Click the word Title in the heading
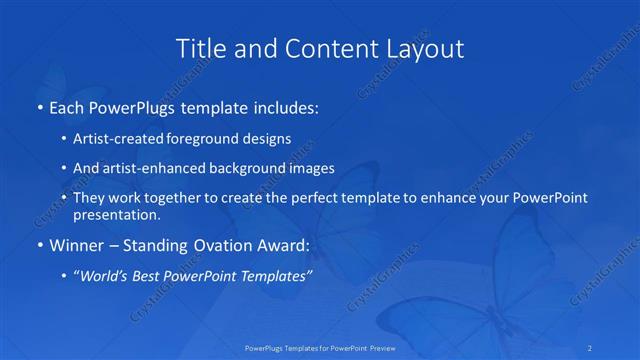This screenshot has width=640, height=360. [x=198, y=47]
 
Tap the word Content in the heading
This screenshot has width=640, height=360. [x=329, y=47]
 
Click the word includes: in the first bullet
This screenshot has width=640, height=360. [x=283, y=106]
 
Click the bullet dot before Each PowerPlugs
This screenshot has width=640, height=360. [x=39, y=107]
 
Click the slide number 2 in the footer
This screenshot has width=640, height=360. [x=591, y=347]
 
